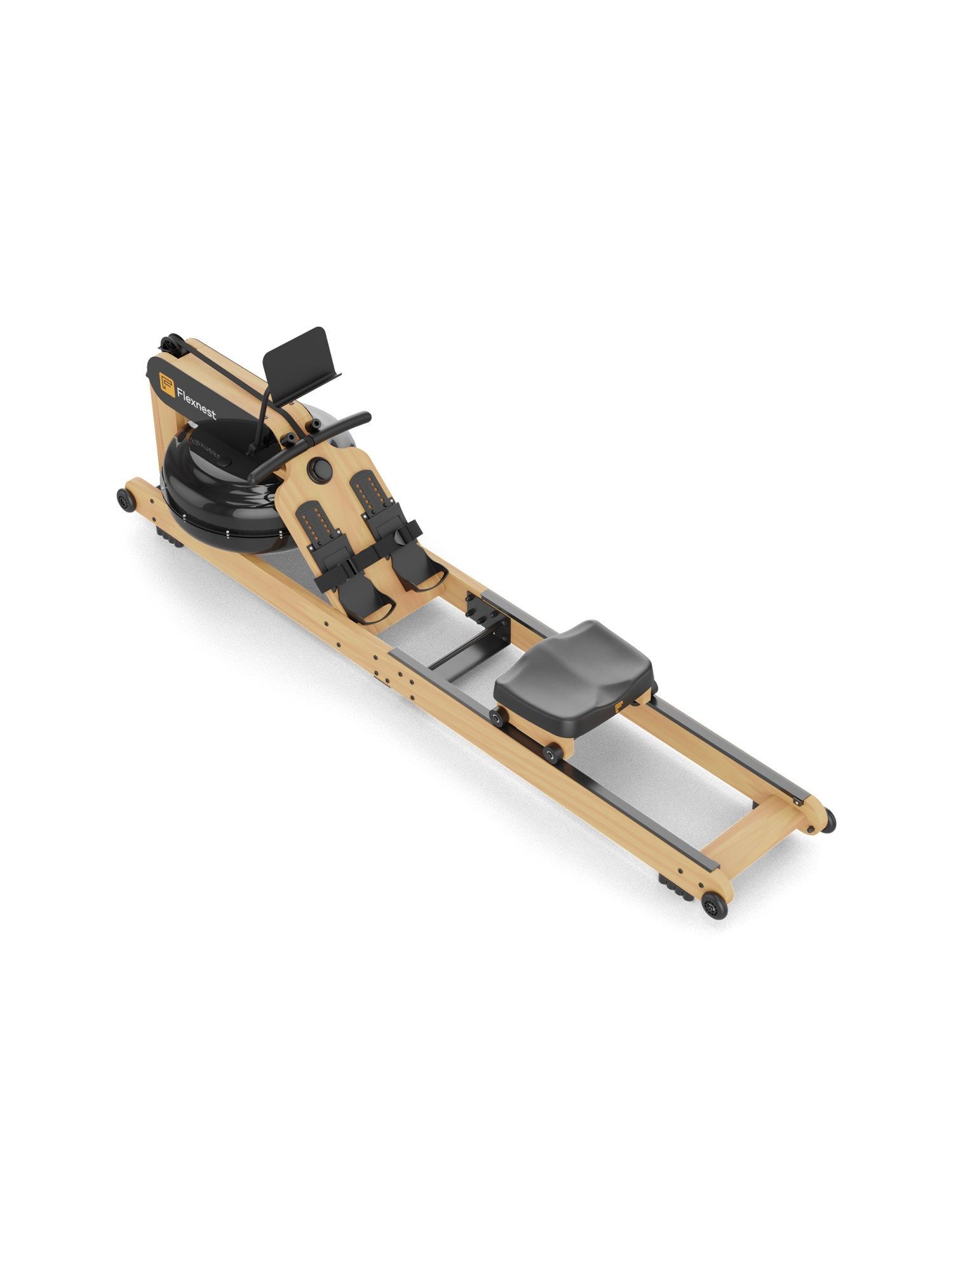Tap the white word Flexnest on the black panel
[x=196, y=402]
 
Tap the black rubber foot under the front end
[x=168, y=534]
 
